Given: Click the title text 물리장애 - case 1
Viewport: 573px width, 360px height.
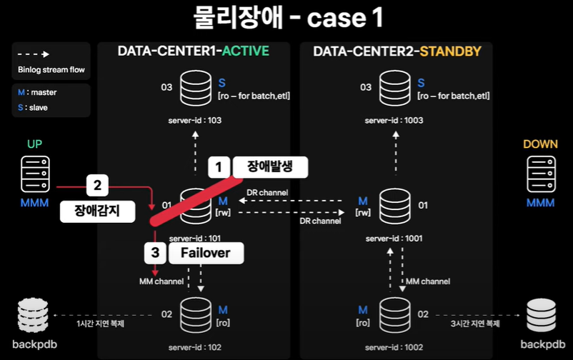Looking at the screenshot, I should tap(286, 19).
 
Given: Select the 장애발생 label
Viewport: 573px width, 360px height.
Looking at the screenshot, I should tap(269, 166).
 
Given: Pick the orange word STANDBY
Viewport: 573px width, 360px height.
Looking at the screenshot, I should tap(450, 51).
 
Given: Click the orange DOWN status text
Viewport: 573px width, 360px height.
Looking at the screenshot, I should tap(540, 144).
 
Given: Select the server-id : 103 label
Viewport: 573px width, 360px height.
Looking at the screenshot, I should tap(193, 121).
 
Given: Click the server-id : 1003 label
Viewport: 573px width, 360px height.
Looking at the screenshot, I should tap(393, 121).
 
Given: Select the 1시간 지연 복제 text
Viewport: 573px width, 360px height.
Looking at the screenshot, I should tap(101, 324).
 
